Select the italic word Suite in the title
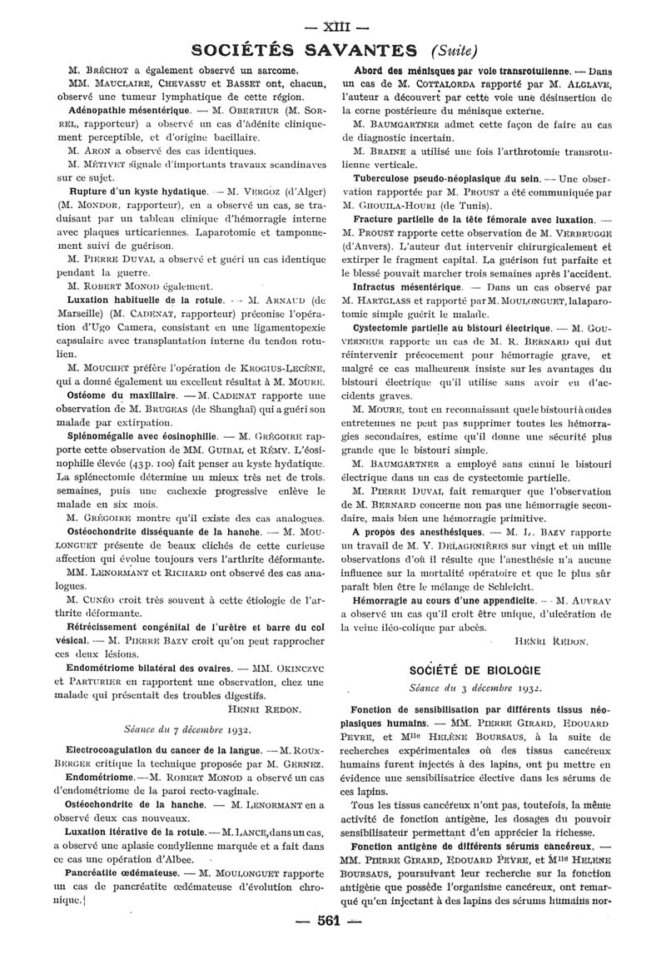pyautogui.click(x=454, y=50)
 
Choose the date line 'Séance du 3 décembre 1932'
pyautogui.click(x=475, y=688)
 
